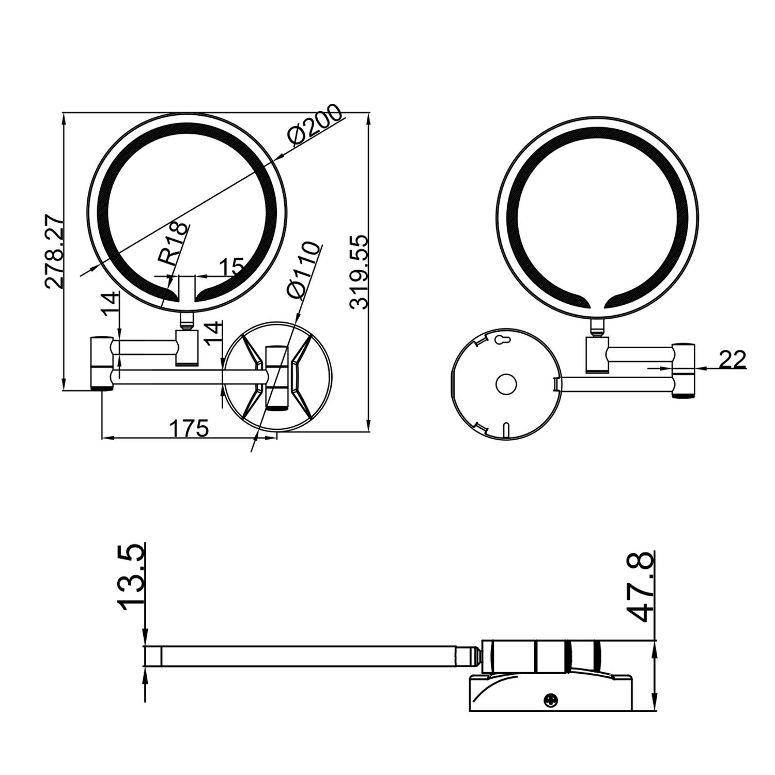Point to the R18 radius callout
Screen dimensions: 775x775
[x=174, y=244]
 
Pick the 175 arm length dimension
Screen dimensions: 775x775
[x=189, y=428]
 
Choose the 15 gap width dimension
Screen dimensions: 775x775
[x=230, y=267]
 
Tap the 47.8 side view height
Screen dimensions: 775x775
[x=641, y=586]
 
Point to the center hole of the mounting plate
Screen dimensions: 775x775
[x=506, y=384]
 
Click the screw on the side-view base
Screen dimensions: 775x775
[x=551, y=700]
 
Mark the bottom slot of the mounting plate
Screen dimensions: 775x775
[x=506, y=430]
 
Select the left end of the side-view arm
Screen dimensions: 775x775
[x=153, y=656]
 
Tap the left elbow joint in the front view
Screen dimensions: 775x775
[x=102, y=362]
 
